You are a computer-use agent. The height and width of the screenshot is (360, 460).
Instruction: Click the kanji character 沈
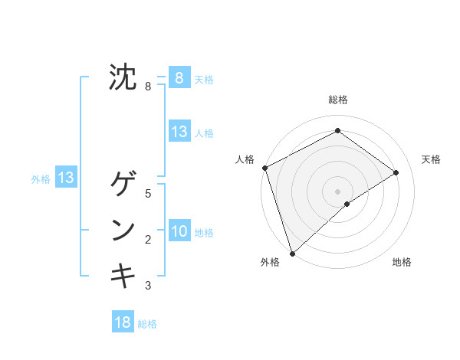[x=122, y=77]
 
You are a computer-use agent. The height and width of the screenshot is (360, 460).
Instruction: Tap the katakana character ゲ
[x=122, y=184]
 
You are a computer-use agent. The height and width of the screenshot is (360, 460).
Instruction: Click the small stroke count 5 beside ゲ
[x=148, y=194]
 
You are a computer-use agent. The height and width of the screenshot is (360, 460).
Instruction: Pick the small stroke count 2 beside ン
[x=148, y=240]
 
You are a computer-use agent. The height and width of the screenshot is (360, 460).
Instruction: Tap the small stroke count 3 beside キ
[x=148, y=286]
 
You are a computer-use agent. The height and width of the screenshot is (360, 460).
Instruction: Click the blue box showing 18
[x=123, y=322]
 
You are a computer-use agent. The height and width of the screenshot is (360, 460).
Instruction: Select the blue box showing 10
[x=179, y=231]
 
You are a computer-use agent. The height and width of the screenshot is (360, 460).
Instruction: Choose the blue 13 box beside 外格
[x=66, y=178]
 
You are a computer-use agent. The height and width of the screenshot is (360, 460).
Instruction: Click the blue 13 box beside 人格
[x=179, y=131]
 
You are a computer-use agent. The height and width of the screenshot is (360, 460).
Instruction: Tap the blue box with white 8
[x=179, y=77]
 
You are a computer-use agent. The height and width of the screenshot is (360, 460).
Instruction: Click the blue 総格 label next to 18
[x=147, y=324]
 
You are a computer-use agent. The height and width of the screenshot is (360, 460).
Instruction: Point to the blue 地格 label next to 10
[x=204, y=233]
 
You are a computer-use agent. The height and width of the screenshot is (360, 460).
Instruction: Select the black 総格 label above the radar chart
[x=337, y=100]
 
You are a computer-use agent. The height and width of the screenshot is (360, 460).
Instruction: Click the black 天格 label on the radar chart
[x=432, y=159]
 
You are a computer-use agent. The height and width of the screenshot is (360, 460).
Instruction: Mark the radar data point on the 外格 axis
[x=292, y=253]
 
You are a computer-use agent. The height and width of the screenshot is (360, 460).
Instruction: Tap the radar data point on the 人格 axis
[x=264, y=168]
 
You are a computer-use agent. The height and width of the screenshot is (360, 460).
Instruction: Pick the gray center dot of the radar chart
[x=337, y=191]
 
